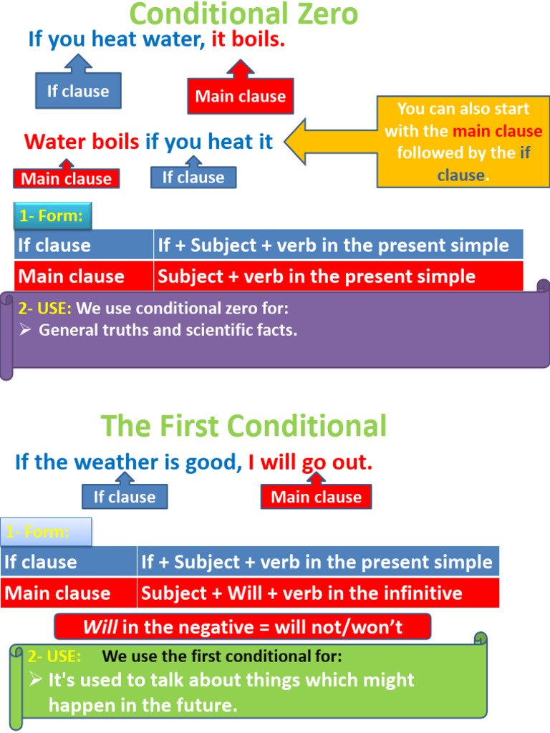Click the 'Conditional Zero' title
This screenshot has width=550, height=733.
point(243,14)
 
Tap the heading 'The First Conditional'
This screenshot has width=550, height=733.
point(243,427)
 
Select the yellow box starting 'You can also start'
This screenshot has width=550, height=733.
point(463,142)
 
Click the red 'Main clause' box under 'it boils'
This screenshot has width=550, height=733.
point(241,97)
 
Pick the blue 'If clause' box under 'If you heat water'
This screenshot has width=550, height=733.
point(78,92)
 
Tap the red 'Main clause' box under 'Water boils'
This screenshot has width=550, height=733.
point(67,179)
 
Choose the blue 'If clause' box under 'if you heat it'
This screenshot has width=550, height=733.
point(193,178)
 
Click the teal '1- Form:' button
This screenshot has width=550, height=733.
point(52,215)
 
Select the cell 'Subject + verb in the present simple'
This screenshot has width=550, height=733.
point(317,276)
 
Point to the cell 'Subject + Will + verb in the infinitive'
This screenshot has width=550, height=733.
point(301,593)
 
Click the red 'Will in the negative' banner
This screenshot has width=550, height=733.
point(243,628)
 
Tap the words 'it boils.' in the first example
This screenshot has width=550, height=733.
point(248,40)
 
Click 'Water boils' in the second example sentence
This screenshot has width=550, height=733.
point(82,142)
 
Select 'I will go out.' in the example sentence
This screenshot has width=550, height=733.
point(310,462)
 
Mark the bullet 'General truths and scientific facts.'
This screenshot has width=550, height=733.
point(168,330)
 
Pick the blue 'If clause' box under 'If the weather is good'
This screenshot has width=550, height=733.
point(125,497)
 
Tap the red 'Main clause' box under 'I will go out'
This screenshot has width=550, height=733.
point(316,497)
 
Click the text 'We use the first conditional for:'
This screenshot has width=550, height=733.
point(222,656)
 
